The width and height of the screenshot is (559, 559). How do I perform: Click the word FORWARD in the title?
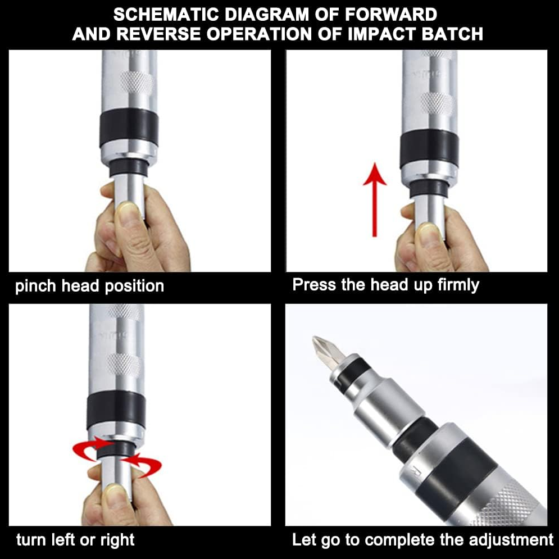click(390, 15)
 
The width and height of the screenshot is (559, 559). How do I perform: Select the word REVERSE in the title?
click(158, 34)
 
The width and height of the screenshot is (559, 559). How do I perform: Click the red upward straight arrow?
click(374, 199)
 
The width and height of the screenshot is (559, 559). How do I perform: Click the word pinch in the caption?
click(35, 286)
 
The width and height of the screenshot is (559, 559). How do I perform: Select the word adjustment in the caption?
click(511, 540)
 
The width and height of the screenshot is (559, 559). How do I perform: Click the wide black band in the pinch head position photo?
click(129, 128)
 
